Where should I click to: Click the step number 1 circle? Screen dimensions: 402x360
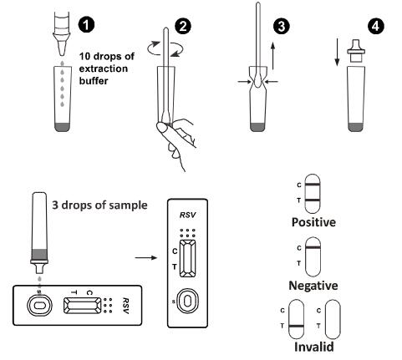coord(86,25)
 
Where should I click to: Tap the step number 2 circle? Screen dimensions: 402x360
coord(183,27)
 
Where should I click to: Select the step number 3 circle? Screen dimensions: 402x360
coord(281,27)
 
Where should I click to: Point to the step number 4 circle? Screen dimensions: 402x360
coord(375,27)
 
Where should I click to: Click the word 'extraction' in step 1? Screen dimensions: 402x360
coord(104,68)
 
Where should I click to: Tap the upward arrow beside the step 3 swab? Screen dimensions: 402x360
coord(273,56)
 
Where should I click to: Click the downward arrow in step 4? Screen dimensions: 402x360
coord(337,53)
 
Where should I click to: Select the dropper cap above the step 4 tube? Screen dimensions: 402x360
coord(356,51)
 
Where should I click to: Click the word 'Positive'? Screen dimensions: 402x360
coord(313,222)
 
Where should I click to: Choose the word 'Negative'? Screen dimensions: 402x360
coord(313,286)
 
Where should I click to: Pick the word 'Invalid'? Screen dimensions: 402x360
coord(313,347)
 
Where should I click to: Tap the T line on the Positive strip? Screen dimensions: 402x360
coord(313,200)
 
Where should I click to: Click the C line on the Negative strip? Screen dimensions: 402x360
coord(313,247)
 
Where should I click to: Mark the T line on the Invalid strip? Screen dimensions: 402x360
coord(297,326)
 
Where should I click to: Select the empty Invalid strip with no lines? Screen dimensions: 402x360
coord(333,319)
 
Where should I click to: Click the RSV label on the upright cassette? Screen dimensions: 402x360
coord(187,215)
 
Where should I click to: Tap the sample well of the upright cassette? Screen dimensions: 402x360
coord(187,301)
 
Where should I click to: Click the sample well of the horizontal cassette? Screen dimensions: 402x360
coord(39,306)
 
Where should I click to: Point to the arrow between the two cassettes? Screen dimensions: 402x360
coord(146,257)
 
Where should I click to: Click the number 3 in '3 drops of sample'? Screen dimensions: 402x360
coord(55,205)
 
